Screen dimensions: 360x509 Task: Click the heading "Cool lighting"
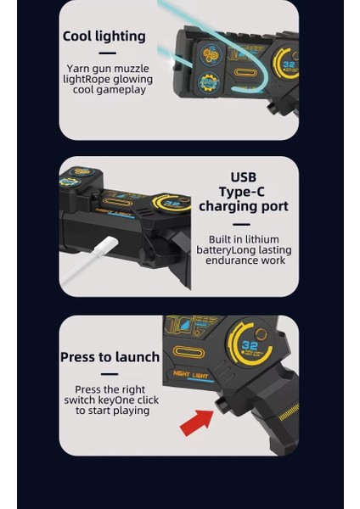tap(104, 36)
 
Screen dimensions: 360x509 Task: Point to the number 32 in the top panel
tap(289, 64)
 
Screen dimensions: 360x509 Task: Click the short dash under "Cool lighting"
tap(108, 53)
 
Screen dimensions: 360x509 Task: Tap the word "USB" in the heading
tap(244, 177)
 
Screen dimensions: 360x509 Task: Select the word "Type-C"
tap(242, 192)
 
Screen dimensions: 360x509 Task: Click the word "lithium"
tap(262, 239)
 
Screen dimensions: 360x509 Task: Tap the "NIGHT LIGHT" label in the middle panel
tap(114, 213)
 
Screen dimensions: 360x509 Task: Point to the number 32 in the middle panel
tap(172, 204)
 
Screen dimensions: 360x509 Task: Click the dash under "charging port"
tap(242, 224)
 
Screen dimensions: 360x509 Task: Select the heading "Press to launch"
tap(110, 357)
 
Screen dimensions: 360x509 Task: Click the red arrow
tap(197, 422)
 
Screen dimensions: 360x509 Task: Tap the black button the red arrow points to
tap(223, 405)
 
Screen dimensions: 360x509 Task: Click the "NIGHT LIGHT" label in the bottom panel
tap(191, 375)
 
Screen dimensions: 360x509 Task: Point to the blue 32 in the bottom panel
tap(250, 345)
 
